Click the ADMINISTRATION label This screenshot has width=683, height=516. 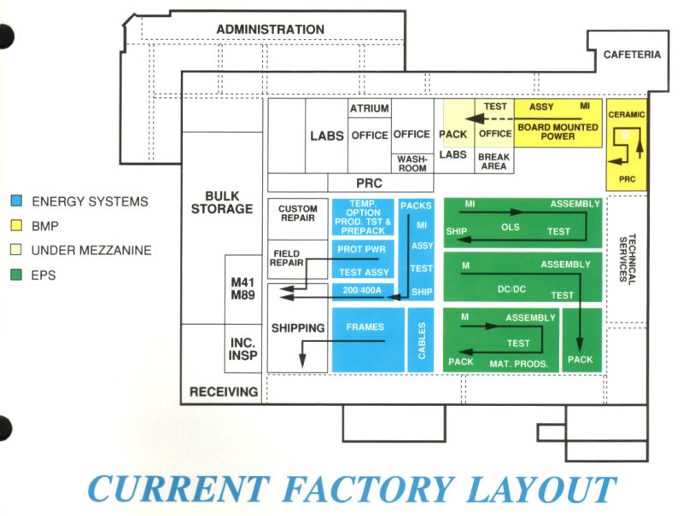tap(270, 30)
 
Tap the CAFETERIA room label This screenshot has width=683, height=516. tap(632, 55)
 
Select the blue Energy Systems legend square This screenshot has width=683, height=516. tap(16, 202)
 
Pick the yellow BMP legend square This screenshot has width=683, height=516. tap(16, 226)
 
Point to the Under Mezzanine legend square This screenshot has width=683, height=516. tap(16, 250)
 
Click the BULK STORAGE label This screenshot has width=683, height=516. tap(222, 201)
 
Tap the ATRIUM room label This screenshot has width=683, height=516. tap(369, 108)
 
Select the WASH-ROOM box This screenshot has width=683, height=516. tap(412, 162)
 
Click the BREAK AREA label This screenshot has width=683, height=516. tap(493, 161)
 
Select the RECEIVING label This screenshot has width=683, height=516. tap(224, 391)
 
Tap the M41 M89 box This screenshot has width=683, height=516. tap(243, 288)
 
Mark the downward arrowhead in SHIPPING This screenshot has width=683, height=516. tap(302, 362)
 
